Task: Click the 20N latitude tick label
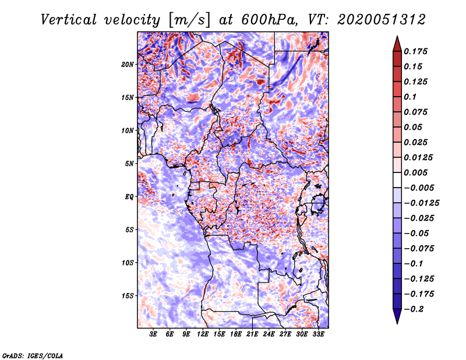tap(128, 64)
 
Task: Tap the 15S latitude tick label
tap(128, 295)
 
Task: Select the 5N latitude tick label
tap(129, 163)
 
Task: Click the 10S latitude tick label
tap(128, 263)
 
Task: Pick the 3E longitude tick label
tap(154, 335)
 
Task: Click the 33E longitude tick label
tap(319, 335)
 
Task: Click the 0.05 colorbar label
tap(414, 127)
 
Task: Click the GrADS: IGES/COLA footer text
tap(32, 355)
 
